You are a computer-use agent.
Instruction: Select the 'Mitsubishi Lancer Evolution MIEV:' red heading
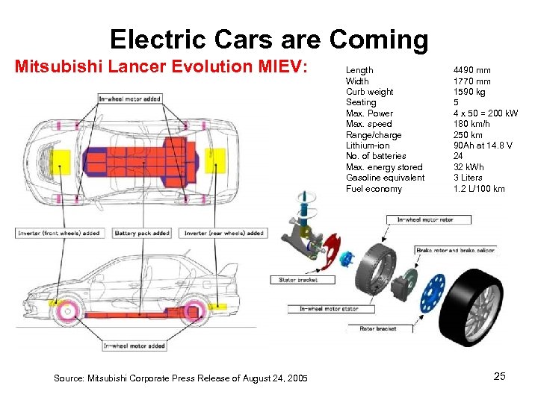(161, 66)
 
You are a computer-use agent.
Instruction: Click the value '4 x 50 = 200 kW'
(486, 113)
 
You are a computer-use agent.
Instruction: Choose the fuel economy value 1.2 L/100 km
(478, 189)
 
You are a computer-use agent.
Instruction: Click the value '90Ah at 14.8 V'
(483, 146)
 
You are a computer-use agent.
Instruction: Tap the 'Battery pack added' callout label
(142, 233)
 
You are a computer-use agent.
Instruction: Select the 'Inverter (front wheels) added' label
(59, 233)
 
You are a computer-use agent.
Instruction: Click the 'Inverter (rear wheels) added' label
(223, 233)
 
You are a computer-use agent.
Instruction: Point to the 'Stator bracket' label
(297, 280)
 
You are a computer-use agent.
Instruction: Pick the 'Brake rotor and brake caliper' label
(454, 250)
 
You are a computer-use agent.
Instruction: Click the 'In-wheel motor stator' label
(329, 309)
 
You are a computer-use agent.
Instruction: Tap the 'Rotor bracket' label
(377, 328)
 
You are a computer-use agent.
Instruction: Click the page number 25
(499, 376)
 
